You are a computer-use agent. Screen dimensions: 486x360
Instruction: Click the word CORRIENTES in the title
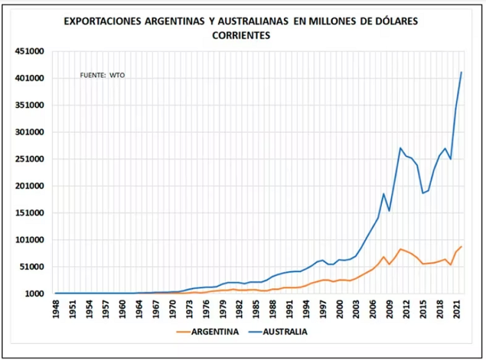[241, 35]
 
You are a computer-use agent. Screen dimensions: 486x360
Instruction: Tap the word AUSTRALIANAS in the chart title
[253, 21]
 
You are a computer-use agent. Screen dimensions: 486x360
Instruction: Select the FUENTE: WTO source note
[102, 76]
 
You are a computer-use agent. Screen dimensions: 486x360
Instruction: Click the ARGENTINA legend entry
[208, 332]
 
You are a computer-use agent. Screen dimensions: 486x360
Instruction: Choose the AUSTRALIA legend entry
[278, 332]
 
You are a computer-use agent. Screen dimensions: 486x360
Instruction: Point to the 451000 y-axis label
[29, 51]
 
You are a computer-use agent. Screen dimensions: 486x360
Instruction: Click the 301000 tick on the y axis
[29, 132]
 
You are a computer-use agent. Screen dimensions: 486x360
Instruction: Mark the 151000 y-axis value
[29, 213]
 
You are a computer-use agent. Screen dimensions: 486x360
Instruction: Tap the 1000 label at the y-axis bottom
[35, 293]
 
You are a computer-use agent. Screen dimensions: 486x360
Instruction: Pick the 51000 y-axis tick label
[32, 267]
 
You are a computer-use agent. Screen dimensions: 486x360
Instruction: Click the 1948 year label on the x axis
[56, 309]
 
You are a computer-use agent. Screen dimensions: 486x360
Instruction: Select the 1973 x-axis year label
[190, 309]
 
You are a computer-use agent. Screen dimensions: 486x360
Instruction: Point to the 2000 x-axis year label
[340, 309]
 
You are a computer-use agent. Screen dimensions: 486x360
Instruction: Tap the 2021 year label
[457, 309]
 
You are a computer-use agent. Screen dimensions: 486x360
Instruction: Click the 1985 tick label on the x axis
[256, 309]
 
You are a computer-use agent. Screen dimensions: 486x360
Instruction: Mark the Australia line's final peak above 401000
[462, 72]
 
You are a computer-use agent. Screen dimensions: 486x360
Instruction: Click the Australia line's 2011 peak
[400, 148]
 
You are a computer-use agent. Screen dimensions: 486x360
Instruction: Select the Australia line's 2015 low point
[423, 193]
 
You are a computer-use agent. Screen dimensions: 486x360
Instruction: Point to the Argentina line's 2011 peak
[400, 249]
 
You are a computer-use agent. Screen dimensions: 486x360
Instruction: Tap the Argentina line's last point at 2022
[462, 247]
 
